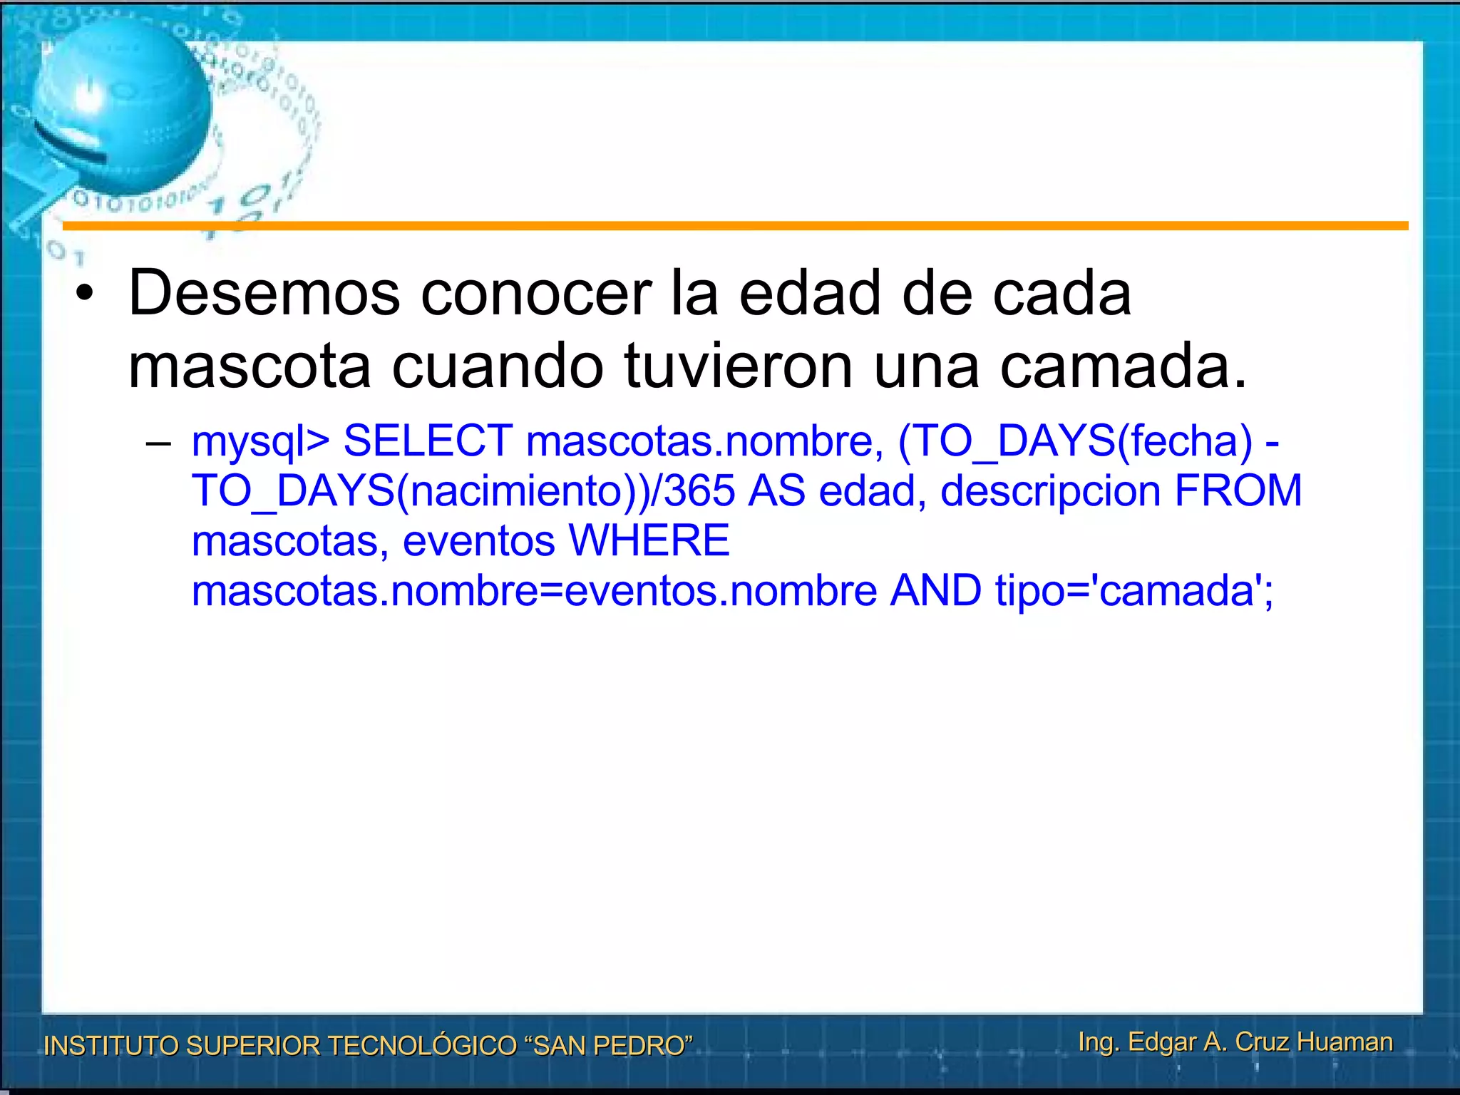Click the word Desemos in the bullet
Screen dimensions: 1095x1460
pyautogui.click(x=264, y=293)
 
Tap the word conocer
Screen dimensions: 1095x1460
pyautogui.click(x=536, y=293)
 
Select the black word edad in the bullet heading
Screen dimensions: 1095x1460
pyautogui.click(x=810, y=293)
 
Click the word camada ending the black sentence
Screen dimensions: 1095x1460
pyautogui.click(x=1115, y=366)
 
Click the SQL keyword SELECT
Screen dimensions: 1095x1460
pyautogui.click(x=428, y=441)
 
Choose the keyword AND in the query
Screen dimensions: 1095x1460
pyautogui.click(x=936, y=590)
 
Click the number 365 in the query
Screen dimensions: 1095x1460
pyautogui.click(x=699, y=490)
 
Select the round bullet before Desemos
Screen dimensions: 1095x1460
pyautogui.click(x=85, y=294)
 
